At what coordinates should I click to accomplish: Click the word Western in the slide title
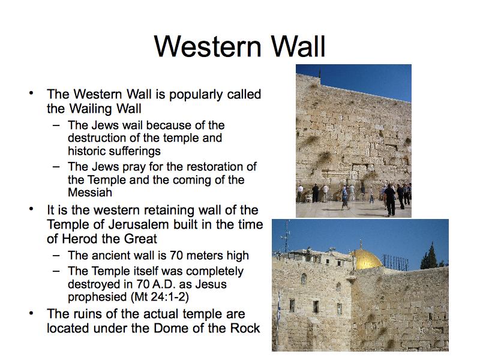208,47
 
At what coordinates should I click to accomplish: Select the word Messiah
90,192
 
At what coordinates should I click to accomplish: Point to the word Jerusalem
139,224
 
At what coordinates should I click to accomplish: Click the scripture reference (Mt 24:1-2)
160,297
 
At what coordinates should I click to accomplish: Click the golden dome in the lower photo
366,259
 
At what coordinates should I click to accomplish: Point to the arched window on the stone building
304,279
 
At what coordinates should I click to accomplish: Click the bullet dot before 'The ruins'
31,313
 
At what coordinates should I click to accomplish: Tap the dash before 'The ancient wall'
56,256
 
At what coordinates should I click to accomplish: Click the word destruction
97,138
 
